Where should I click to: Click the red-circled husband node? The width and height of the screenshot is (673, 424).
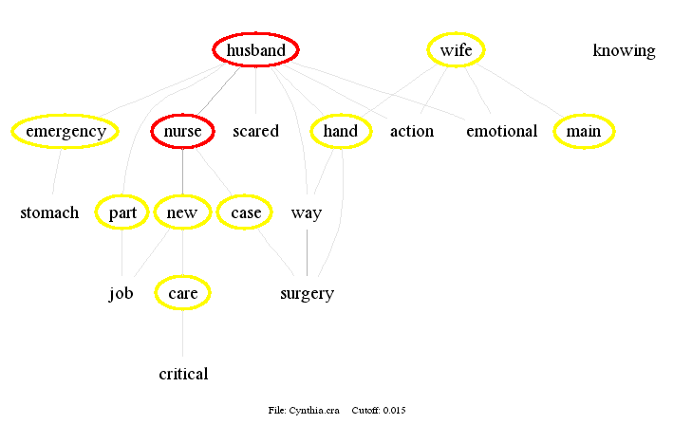pyautogui.click(x=256, y=50)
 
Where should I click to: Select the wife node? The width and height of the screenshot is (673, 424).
pyautogui.click(x=456, y=50)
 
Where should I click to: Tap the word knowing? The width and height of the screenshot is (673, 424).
pyautogui.click(x=624, y=50)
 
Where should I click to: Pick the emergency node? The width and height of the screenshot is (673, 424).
pyautogui.click(x=65, y=131)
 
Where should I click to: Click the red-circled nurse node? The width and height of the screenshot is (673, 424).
pyautogui.click(x=182, y=131)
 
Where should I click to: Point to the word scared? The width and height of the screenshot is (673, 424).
pyautogui.click(x=255, y=131)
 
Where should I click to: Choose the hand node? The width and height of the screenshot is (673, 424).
pyautogui.click(x=340, y=131)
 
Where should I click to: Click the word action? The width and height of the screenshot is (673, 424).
pyautogui.click(x=412, y=131)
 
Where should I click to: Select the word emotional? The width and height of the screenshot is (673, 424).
pyautogui.click(x=501, y=131)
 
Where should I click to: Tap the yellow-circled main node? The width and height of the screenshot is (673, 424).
pyautogui.click(x=584, y=131)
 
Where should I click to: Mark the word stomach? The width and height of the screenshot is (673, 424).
pyautogui.click(x=49, y=212)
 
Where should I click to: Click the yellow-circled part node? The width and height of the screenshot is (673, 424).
pyautogui.click(x=122, y=212)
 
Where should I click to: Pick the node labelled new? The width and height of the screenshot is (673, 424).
pyautogui.click(x=182, y=212)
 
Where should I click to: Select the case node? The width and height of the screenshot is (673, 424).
pyautogui.click(x=246, y=212)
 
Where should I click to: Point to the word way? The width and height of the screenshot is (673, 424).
pyautogui.click(x=307, y=212)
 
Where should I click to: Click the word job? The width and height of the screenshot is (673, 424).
pyautogui.click(x=121, y=293)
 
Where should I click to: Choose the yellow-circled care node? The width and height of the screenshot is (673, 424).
pyautogui.click(x=182, y=293)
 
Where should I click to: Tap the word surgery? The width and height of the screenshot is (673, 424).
pyautogui.click(x=307, y=293)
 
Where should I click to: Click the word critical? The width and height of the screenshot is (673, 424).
pyautogui.click(x=183, y=374)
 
